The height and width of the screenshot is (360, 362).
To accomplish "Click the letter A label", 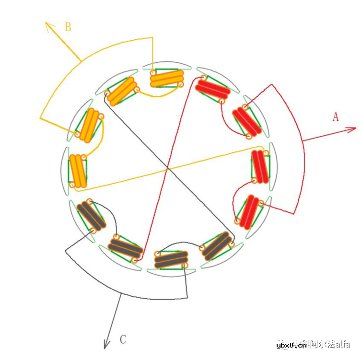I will (x=336, y=116).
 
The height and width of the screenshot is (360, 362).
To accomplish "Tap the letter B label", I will (x=68, y=27).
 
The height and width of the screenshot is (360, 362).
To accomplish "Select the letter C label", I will (x=123, y=340).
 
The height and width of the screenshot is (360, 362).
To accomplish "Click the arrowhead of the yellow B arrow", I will (x=48, y=24).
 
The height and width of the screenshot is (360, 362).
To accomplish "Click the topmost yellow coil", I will (x=167, y=79).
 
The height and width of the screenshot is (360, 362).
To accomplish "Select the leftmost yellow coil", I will (x=78, y=170).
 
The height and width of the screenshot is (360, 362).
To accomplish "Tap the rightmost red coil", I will (x=260, y=166).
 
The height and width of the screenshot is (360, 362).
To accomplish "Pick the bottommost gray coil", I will (x=171, y=259).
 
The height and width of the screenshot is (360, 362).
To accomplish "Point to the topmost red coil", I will (x=212, y=90).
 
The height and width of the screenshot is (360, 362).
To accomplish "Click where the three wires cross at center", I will (x=167, y=168).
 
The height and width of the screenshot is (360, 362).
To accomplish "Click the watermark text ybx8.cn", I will (x=292, y=345).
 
